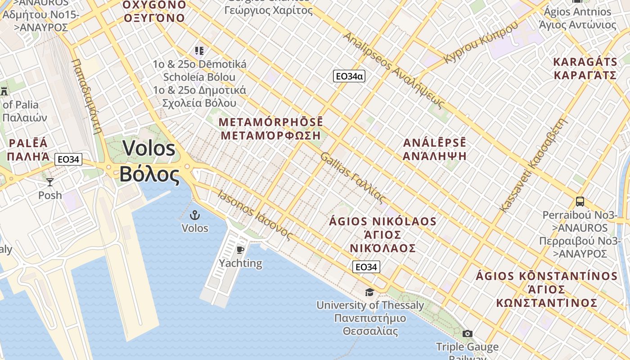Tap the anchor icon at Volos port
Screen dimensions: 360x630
195,215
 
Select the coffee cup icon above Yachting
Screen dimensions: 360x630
240,250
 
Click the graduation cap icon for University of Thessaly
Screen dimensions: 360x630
369,292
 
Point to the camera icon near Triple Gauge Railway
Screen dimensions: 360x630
468,333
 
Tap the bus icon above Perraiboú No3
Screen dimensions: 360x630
580,202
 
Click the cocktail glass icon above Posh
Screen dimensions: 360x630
50,182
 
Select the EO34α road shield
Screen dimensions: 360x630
349,76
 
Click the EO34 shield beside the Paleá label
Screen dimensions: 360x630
68,159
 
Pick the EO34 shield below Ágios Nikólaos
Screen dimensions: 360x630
366,267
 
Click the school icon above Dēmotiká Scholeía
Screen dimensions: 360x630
199,50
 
